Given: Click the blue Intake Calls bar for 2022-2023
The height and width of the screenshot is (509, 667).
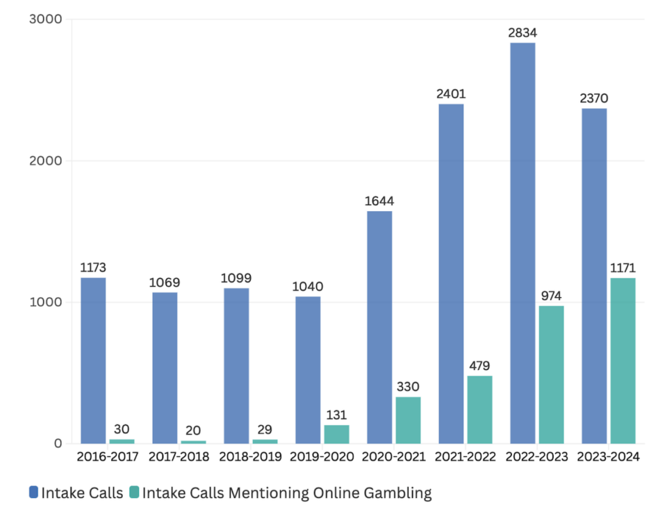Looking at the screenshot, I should pos(522,243).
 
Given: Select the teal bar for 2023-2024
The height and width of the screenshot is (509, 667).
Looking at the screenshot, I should pos(623,360).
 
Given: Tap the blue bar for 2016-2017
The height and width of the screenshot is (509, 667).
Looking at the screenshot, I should pos(93,360).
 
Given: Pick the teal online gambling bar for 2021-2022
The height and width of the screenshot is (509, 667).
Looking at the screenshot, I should pos(479,409).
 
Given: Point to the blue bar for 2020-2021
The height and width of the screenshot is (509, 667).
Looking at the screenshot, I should pos(379,327).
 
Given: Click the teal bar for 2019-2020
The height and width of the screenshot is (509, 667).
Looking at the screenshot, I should pos(336,434).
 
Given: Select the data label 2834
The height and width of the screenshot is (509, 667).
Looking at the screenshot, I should pos(522,33).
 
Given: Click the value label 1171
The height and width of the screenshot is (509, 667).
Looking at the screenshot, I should pos(623,268).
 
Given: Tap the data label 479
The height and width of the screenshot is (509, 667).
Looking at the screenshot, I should pos(479,366).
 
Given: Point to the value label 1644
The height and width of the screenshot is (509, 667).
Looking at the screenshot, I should pos(379,201).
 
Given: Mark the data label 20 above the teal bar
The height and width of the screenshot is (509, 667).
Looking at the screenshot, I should pos(194,431).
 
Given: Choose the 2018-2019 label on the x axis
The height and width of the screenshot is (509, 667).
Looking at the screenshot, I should pos(250,457).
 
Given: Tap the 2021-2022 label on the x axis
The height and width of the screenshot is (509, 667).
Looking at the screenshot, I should pos(465,457).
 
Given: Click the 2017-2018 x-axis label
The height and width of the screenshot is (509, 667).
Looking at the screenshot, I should pos(179,457).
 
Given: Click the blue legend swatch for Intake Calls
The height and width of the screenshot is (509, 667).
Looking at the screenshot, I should pos(33,493).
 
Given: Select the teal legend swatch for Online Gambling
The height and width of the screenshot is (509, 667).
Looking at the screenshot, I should pos(135,493).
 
